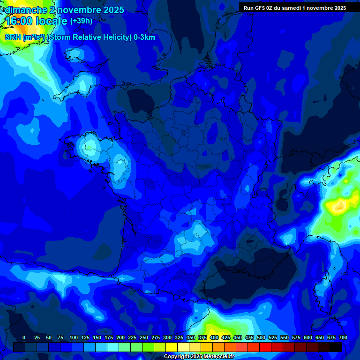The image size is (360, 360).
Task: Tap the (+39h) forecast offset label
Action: click(81, 21)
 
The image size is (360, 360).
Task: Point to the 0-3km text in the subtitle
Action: click(144, 37)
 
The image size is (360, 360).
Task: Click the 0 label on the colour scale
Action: click(24, 337)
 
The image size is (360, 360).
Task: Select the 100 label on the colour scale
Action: click(74, 337)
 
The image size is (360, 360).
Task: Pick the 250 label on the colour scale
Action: click(144, 337)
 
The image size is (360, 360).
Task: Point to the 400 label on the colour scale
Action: click(214, 337)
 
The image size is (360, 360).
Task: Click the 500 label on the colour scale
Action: click(261, 337)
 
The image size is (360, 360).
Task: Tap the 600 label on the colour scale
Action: click(308, 337)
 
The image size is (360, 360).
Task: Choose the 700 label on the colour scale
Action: click(343, 337)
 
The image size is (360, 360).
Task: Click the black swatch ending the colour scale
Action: click(336, 347)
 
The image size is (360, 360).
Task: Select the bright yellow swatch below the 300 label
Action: click(172, 347)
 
